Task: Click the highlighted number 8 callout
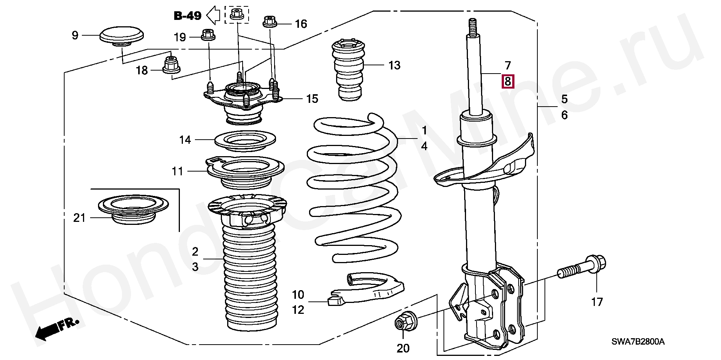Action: coord(508,81)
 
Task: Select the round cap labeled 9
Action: coord(122,37)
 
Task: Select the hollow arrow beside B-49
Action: coord(213,15)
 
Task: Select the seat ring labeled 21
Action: coord(133,211)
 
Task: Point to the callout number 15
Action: coord(312,99)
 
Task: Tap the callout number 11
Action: coord(178,171)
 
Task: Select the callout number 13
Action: coord(395,65)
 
